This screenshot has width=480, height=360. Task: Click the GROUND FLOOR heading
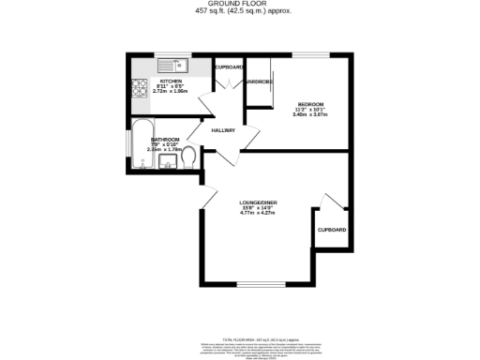click(239, 5)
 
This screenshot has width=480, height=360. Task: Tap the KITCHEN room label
click(171, 81)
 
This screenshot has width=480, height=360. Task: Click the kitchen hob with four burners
click(141, 89)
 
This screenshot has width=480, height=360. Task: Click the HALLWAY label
click(222, 130)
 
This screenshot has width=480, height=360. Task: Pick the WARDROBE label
click(258, 82)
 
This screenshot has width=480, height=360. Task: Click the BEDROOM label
click(311, 103)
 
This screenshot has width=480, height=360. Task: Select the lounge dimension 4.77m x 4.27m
click(259, 212)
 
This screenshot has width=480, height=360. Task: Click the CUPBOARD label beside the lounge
click(332, 230)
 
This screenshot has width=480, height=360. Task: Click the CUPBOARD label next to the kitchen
click(231, 67)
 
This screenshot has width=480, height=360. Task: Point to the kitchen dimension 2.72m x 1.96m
click(171, 92)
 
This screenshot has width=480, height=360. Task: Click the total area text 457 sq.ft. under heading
click(239, 12)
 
